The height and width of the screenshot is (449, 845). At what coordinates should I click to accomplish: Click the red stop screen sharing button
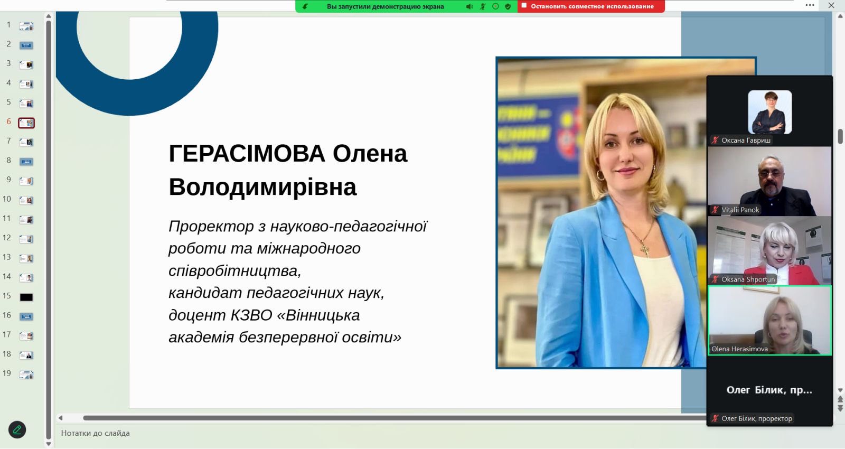click(x=591, y=6)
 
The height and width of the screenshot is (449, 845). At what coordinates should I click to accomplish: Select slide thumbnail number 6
click(x=26, y=123)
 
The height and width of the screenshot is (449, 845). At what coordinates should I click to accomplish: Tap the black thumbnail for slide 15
click(x=26, y=297)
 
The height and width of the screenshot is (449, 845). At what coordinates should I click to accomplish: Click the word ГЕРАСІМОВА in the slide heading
click(x=247, y=154)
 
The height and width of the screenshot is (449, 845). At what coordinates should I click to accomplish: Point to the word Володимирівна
click(x=262, y=187)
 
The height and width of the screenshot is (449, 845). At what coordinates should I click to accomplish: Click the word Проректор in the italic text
click(x=211, y=227)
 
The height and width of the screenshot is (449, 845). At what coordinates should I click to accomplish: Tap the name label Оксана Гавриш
click(x=746, y=141)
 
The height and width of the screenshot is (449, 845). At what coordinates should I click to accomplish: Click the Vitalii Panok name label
click(x=740, y=210)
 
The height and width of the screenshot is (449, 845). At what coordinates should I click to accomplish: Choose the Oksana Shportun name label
click(x=748, y=279)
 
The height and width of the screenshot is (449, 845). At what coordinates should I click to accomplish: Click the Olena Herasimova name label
click(x=739, y=349)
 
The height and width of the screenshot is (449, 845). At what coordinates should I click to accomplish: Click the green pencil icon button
click(x=17, y=429)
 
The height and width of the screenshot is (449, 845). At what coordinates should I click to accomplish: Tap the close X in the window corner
click(x=831, y=5)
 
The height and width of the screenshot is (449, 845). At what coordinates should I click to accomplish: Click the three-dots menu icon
click(x=810, y=5)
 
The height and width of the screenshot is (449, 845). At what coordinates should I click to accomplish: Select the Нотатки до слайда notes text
click(x=96, y=433)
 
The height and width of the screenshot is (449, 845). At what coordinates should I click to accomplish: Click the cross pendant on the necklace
click(x=646, y=250)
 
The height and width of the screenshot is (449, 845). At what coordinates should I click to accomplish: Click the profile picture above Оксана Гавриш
click(x=769, y=111)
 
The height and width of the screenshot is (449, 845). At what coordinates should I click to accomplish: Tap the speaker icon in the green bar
click(x=470, y=6)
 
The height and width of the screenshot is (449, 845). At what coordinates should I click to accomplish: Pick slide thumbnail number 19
click(x=26, y=375)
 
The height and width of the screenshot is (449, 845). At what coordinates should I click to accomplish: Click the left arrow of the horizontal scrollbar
click(x=60, y=418)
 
